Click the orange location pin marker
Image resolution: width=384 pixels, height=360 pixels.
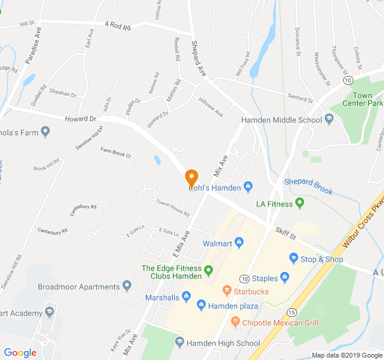coord(191,178)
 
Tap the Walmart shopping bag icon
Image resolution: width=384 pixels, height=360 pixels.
coord(239,242)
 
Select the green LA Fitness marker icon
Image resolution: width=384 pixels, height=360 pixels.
coord(299,203)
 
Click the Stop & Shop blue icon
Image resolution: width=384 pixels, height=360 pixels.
coord(293,259)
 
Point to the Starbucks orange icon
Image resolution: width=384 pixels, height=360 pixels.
coord(227,291)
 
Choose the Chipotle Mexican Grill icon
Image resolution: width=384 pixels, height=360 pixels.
coord(235,322)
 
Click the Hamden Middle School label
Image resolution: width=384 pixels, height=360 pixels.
coord(281,119)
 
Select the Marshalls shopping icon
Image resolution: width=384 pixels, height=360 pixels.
coord(186,297)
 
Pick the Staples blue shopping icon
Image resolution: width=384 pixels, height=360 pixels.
coord(285,278)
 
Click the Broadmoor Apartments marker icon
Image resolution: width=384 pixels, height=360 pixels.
coord(127,286)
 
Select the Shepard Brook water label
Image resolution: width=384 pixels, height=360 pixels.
coord(308,186)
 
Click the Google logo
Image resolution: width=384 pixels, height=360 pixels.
coord(20,353)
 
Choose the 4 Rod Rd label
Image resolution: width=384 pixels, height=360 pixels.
coord(117,25)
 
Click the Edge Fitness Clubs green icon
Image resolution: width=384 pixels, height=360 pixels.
coord(209,271)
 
